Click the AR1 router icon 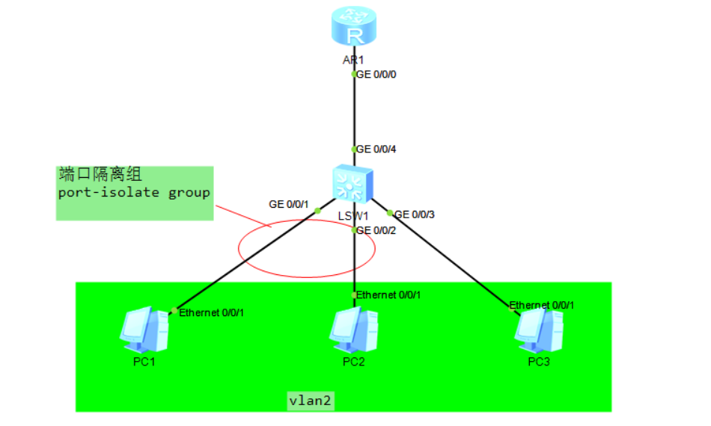[354, 26]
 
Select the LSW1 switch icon [353, 184]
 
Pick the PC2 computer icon [354, 330]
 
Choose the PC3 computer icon [539, 330]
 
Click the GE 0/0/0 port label [376, 75]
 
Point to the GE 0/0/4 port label [376, 149]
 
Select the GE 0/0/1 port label [288, 205]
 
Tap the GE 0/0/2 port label [376, 231]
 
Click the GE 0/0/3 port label [415, 214]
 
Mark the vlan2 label [311, 401]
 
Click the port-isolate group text [134, 193]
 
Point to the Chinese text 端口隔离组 [100, 174]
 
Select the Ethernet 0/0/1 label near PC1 [211, 313]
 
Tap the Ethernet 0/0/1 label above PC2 [388, 295]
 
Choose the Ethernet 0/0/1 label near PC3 [541, 306]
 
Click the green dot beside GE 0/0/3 [389, 213]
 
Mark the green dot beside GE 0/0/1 [317, 211]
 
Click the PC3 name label [539, 362]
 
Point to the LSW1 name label [353, 217]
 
